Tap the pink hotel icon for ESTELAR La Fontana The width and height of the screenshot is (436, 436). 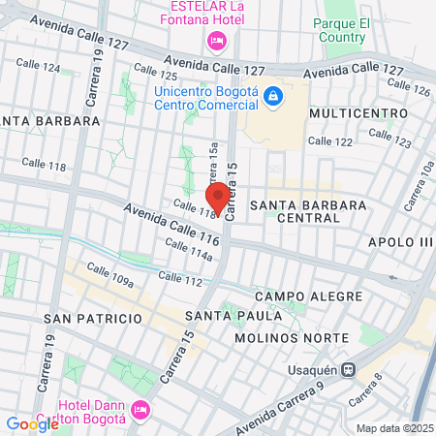coord(216,41)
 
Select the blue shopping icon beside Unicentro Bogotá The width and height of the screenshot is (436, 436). coord(273,95)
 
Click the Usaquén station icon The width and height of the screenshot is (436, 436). coord(349,368)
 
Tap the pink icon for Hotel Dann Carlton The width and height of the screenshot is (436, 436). coord(139,410)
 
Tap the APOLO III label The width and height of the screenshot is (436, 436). coord(398,241)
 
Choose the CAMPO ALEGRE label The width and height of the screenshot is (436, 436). coord(308,296)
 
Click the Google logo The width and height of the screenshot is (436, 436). coord(32,422)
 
